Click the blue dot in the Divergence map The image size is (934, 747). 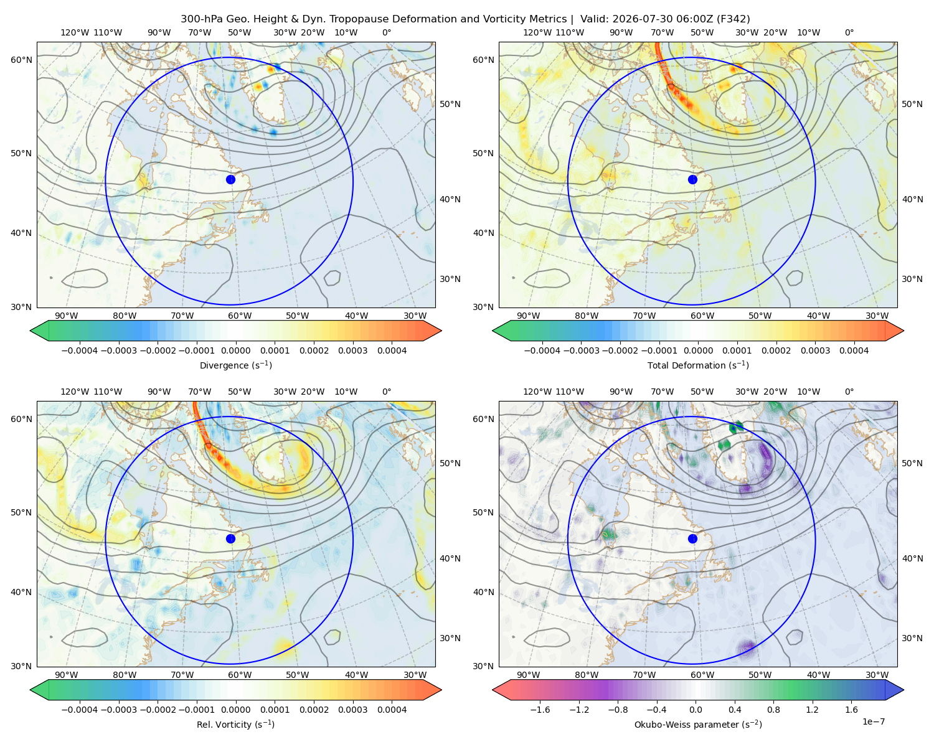coord(230,179)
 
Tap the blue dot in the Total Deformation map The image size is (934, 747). coord(692,179)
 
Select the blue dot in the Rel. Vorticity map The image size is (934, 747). coord(230,538)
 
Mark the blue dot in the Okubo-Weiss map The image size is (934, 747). coord(692,538)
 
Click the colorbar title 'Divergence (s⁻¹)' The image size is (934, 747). coord(235,365)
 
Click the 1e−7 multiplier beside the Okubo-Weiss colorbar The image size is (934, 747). coord(873,721)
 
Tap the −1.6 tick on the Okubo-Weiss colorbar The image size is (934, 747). coord(540,709)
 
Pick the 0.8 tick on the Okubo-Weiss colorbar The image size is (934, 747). coord(773,709)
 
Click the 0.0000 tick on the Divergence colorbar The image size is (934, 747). coord(235,350)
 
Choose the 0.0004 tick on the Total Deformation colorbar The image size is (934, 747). coord(854,350)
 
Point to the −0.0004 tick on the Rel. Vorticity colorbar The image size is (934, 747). coord(80,709)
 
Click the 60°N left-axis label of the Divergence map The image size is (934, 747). coord(21,60)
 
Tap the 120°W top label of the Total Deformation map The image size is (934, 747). coord(537,32)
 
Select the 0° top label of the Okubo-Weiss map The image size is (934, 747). coord(849,391)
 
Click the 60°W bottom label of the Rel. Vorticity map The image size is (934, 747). coord(240,675)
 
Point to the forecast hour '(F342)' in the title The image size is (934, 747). coord(734,19)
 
